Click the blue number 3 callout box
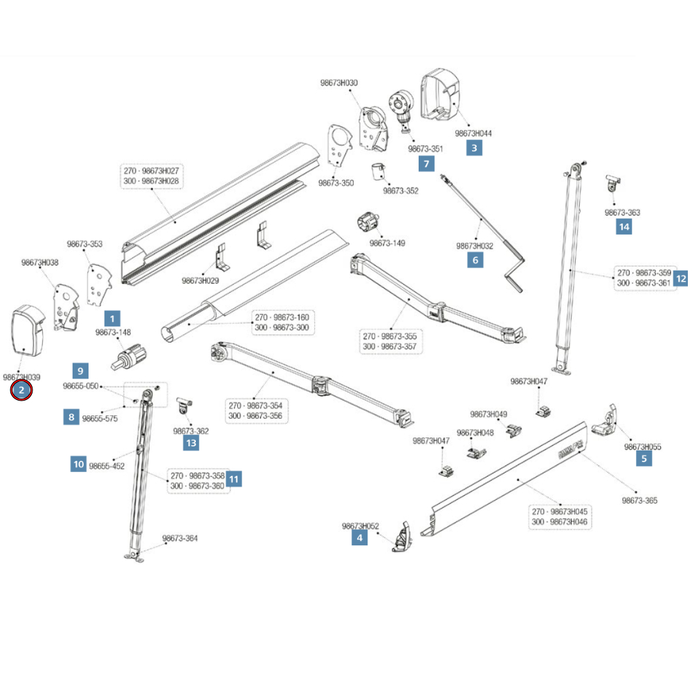tap(474, 147)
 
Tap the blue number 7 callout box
tap(426, 164)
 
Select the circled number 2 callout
tap(21, 391)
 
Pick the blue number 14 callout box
tap(623, 226)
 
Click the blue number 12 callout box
tap(681, 278)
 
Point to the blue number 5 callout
tap(644, 457)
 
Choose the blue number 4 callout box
tap(359, 537)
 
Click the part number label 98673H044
tap(473, 133)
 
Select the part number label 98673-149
tap(387, 243)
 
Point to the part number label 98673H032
tap(475, 246)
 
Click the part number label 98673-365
tap(639, 500)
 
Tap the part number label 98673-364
tap(180, 538)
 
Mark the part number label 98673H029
tap(200, 281)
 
